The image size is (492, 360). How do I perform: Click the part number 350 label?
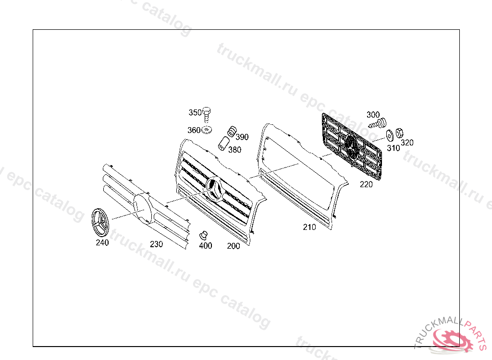click(195, 113)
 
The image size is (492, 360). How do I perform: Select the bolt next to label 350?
click(207, 114)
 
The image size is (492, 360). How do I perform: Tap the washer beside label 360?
click(207, 130)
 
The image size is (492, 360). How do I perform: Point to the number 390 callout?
click(242, 137)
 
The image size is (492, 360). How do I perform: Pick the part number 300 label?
click(373, 115)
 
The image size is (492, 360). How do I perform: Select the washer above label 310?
click(389, 134)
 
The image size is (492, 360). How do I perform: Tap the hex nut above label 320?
click(399, 132)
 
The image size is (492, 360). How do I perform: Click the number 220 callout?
click(366, 184)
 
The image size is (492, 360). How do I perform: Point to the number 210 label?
click(309, 228)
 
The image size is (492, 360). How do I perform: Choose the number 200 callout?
click(234, 246)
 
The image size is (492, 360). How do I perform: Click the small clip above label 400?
click(203, 235)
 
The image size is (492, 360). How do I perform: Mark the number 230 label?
click(156, 244)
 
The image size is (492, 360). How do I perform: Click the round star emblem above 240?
click(100, 223)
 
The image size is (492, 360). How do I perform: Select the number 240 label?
click(102, 243)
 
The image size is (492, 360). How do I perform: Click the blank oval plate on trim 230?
click(142, 208)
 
